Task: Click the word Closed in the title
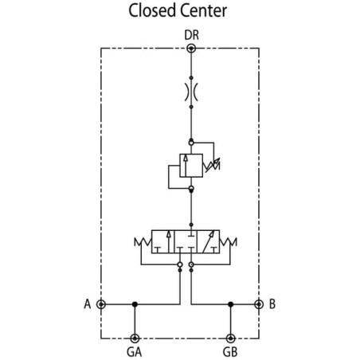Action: (x=151, y=10)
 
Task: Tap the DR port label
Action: (x=191, y=35)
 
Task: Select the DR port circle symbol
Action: (x=191, y=49)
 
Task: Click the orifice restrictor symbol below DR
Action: (x=191, y=92)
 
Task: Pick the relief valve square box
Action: (x=191, y=166)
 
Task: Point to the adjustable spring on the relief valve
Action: (x=212, y=165)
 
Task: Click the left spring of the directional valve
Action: (x=143, y=242)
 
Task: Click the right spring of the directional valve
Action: (x=228, y=242)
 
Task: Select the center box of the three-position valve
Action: (x=186, y=241)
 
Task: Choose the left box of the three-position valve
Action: (x=162, y=241)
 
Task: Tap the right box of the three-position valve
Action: (x=209, y=241)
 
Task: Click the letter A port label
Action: (x=88, y=304)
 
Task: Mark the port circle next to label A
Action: (x=101, y=304)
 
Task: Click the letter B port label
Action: (x=272, y=304)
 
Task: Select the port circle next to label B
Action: (x=259, y=304)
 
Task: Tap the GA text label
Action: (x=135, y=352)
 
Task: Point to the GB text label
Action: (x=230, y=352)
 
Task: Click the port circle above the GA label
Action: (x=135, y=338)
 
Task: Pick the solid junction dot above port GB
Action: (x=231, y=304)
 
